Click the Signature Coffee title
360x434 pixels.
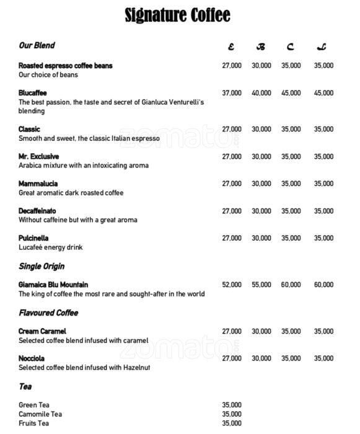[177, 15]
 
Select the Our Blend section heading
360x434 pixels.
[37, 45]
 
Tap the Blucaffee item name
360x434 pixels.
[33, 93]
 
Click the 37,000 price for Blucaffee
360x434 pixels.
[232, 93]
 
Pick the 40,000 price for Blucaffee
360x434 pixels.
[261, 93]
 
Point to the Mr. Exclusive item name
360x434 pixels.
[38, 157]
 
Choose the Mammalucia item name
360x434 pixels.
[38, 184]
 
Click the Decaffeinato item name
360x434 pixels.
[37, 211]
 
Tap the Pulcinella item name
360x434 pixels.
[33, 238]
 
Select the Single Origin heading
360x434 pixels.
[42, 266]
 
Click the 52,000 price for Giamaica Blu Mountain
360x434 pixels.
[232, 285]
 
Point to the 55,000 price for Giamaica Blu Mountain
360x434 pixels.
[261, 285]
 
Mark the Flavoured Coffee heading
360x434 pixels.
[48, 312]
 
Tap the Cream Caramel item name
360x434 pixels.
[42, 331]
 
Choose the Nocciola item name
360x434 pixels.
[32, 358]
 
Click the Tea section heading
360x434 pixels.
[25, 386]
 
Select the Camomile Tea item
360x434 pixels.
[41, 414]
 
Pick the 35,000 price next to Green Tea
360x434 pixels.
[232, 405]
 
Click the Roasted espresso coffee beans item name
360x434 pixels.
[65, 66]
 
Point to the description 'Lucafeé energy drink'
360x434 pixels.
[51, 247]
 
